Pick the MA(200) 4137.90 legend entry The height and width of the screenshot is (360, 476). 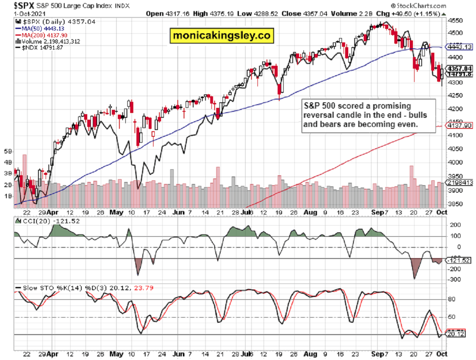[x=38, y=35]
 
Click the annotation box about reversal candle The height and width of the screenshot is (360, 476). [x=368, y=115]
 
